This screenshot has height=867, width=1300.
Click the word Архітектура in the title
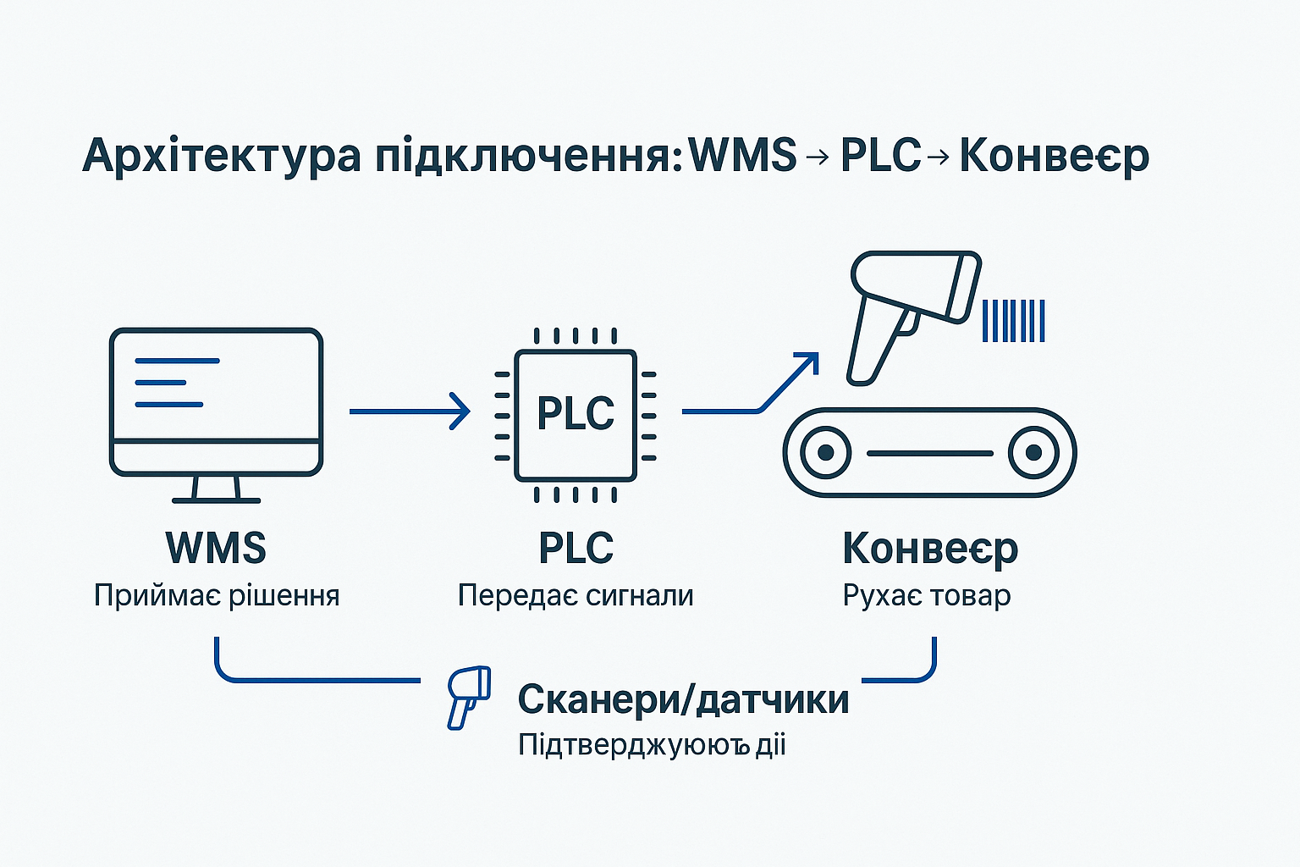(222, 156)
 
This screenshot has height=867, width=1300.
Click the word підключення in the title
(526, 156)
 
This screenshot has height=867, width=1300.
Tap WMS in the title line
(743, 156)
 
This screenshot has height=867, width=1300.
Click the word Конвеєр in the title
(1054, 156)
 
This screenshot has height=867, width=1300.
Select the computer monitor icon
(217, 402)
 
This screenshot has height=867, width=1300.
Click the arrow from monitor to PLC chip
(410, 411)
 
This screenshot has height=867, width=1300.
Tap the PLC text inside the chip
(576, 414)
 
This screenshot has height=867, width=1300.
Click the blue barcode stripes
(1013, 321)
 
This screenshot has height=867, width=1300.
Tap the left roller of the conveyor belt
(824, 453)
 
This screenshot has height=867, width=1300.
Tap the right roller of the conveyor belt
(1033, 453)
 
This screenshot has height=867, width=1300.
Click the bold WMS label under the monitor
(217, 548)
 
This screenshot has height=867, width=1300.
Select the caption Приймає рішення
(217, 596)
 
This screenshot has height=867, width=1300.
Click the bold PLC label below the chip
(576, 548)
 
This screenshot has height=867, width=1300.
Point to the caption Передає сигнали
(576, 596)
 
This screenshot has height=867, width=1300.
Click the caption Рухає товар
(926, 596)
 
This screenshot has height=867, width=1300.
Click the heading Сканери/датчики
(683, 699)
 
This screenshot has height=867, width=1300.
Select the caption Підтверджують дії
(652, 746)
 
